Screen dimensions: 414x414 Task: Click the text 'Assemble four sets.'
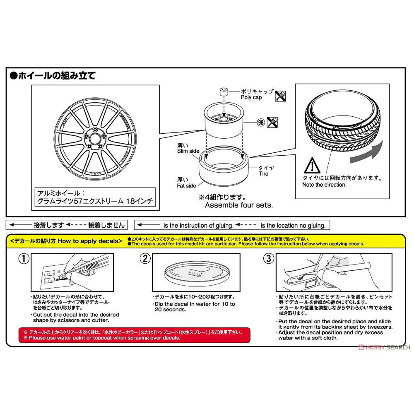click(239, 205)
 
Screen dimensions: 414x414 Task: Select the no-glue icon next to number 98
click(273, 123)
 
